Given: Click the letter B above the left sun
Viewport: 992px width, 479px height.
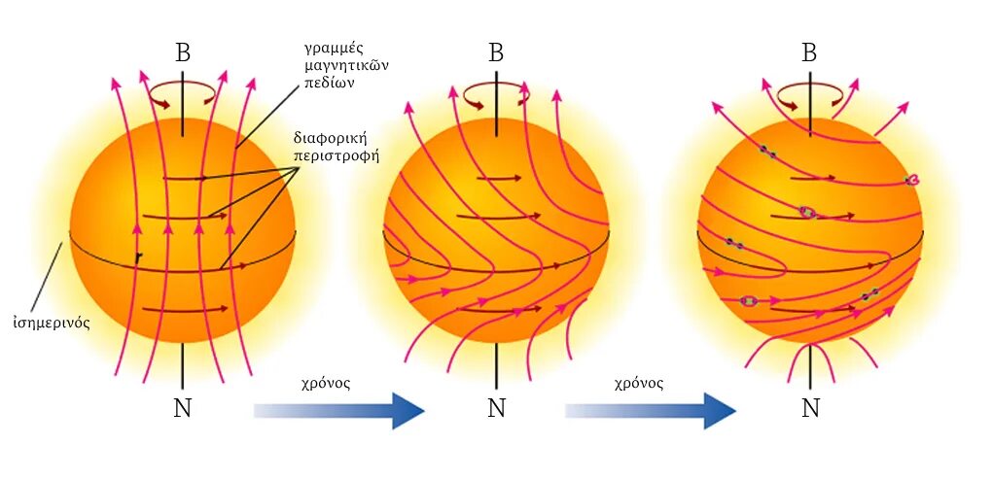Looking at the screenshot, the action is [x=183, y=52].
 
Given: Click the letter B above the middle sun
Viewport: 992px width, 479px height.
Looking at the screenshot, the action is [x=496, y=52].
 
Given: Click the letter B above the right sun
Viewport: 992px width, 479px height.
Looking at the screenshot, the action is [x=809, y=52].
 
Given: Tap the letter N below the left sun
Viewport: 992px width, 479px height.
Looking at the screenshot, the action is [x=183, y=408].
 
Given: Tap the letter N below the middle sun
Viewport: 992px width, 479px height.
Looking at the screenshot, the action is [x=496, y=408].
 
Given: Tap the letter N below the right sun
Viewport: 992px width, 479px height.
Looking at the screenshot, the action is [x=809, y=408].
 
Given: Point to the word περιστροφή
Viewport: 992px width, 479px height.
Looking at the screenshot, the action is [x=336, y=154].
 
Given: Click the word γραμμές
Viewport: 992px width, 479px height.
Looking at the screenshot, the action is [x=335, y=48].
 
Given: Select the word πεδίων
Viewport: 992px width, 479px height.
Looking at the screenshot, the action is [x=326, y=83].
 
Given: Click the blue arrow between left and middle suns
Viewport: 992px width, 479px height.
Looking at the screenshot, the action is [x=339, y=410].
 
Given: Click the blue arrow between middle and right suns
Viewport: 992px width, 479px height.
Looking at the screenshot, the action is [x=651, y=410].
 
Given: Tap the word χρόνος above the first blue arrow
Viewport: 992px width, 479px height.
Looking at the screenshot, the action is [x=327, y=383].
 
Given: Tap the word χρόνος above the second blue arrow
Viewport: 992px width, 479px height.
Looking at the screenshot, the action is [x=639, y=383].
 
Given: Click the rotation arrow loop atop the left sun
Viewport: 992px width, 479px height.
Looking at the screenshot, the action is [x=182, y=92].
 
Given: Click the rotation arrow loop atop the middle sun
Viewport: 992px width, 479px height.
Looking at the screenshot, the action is [x=496, y=93].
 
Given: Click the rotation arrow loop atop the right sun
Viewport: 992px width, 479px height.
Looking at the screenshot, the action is [x=809, y=93].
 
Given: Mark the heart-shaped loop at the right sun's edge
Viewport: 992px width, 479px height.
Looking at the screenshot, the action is [x=912, y=180].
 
